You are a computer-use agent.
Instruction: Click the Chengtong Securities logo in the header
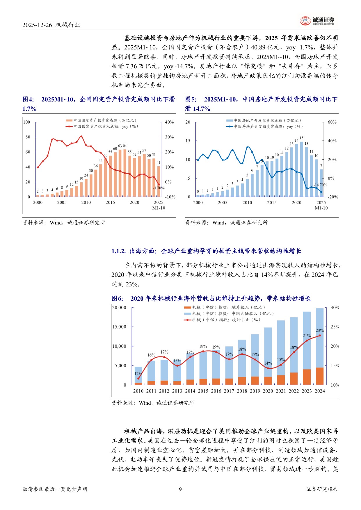(x=317, y=20)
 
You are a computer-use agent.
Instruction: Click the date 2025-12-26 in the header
(x=37, y=25)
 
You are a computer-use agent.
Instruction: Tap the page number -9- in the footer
(x=180, y=489)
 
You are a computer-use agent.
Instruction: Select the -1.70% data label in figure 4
(x=159, y=188)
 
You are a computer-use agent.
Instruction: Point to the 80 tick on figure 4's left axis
(x=28, y=137)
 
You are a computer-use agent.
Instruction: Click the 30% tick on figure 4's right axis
(x=169, y=137)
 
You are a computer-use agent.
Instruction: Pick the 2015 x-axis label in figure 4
(x=110, y=202)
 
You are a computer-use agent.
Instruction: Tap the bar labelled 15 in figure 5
(x=302, y=169)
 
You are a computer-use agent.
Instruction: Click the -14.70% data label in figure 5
(x=320, y=185)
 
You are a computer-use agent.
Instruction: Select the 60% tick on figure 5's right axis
(x=332, y=122)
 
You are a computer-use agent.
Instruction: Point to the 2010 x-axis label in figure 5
(x=247, y=202)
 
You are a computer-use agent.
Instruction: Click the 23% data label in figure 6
(x=319, y=330)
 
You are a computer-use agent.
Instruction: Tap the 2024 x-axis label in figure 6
(x=320, y=391)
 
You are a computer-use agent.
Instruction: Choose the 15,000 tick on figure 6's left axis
(x=119, y=327)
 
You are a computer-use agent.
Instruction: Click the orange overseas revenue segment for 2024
(x=320, y=376)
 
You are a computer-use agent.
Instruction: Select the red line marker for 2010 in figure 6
(x=138, y=378)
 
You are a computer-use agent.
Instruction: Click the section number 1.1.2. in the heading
(x=119, y=251)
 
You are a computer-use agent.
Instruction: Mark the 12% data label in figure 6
(x=138, y=374)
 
